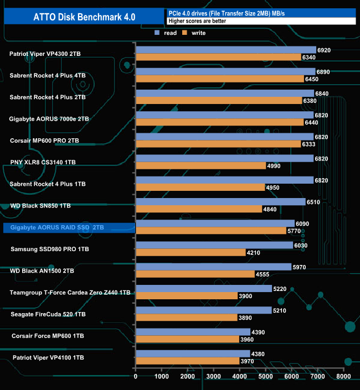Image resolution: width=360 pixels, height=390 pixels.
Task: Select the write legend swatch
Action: tap(186, 33)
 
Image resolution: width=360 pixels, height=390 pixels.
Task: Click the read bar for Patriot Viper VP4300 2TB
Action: tap(226, 50)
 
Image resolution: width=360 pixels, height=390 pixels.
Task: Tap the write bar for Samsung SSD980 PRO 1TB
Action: tap(191, 252)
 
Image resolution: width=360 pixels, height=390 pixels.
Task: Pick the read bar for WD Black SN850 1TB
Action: tap(220, 201)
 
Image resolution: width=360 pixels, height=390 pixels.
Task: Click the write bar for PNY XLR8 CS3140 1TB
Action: tap(200, 166)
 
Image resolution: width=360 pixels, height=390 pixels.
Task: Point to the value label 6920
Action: tap(324, 50)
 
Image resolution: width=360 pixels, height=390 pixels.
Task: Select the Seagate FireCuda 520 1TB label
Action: tap(49, 314)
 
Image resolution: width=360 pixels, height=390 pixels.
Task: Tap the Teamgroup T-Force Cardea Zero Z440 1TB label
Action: tap(70, 292)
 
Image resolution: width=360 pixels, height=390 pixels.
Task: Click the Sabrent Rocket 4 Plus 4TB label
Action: tap(48, 75)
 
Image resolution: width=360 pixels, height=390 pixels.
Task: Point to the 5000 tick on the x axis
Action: tap(266, 377)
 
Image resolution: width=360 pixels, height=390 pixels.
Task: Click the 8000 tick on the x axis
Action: tap(343, 377)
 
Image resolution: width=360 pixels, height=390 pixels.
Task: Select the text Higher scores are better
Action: tap(197, 21)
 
